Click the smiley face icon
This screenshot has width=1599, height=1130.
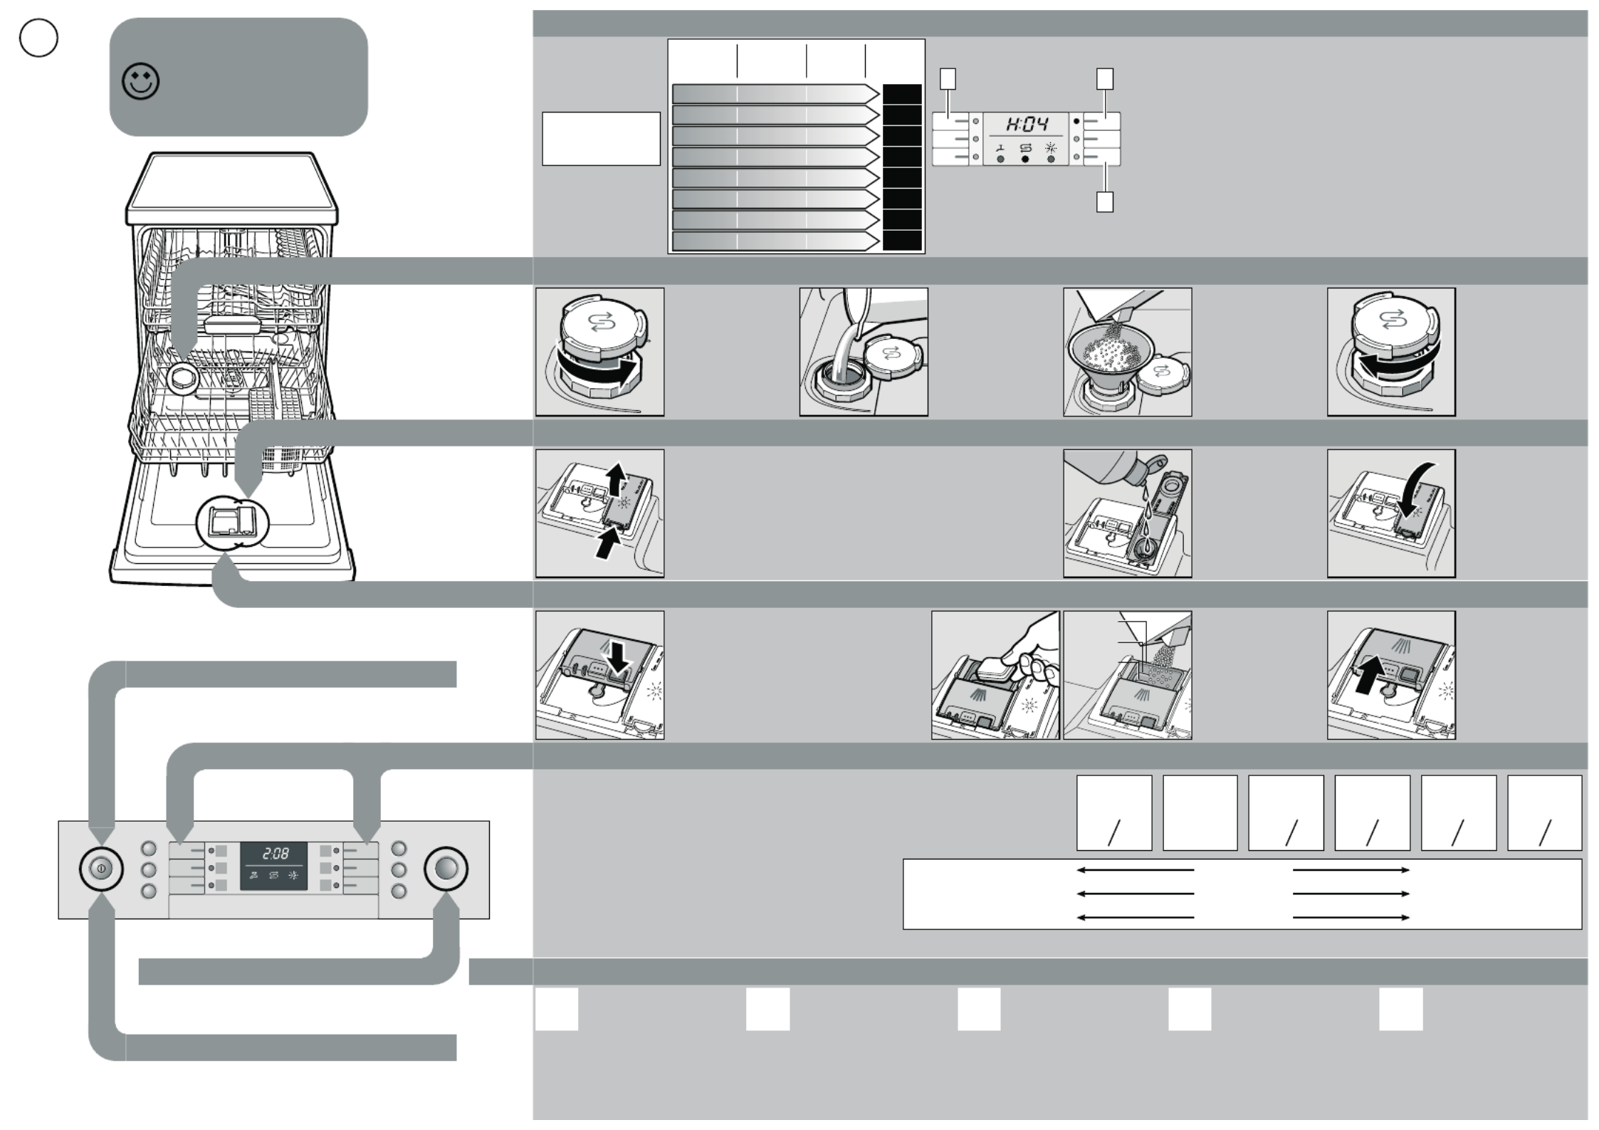tap(140, 82)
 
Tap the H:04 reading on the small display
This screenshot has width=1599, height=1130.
tap(1026, 125)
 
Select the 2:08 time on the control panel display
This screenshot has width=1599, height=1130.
tap(275, 854)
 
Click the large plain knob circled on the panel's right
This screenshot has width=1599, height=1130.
tap(446, 869)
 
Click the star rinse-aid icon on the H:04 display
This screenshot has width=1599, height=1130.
tap(1051, 148)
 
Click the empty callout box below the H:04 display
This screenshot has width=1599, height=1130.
tap(1104, 202)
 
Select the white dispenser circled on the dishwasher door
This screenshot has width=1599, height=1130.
tap(231, 523)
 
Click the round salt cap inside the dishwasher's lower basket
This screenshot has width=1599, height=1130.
tap(183, 377)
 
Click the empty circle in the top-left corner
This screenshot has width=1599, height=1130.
tap(38, 38)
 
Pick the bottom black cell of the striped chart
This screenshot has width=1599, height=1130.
tap(902, 241)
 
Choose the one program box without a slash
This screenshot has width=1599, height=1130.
tap(1200, 812)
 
